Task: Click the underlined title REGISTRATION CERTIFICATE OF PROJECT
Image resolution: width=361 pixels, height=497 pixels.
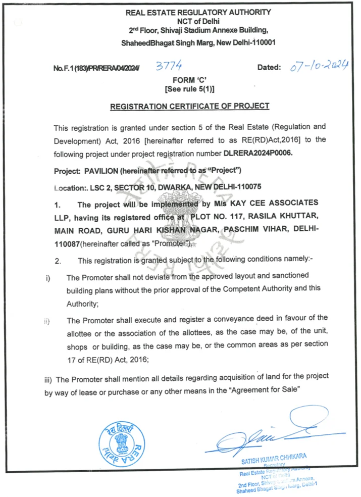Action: pyautogui.click(x=190, y=106)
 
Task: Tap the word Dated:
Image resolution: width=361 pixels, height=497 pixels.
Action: pyautogui.click(x=269, y=67)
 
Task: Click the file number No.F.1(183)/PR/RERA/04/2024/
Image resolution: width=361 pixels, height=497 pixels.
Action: pyautogui.click(x=96, y=68)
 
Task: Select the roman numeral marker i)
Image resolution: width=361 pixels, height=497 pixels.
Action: pyautogui.click(x=47, y=278)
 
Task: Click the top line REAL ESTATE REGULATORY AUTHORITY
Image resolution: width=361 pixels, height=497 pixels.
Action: pyautogui.click(x=198, y=12)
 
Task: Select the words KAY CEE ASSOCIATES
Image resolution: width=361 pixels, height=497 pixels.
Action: pyautogui.click(x=277, y=204)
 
